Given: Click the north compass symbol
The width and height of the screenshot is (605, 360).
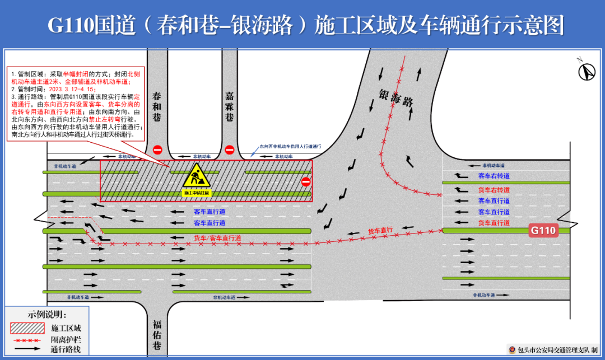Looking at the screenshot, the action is coord(587,71).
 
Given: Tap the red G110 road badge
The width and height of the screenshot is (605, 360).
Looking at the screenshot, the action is coord(543,230).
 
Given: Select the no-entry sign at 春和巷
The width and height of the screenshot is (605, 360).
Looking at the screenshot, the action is coord(157,150).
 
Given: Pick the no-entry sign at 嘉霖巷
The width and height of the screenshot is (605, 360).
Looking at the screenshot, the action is coord(229,150).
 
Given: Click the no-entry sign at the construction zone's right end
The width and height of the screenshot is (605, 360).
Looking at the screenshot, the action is coord(305,182).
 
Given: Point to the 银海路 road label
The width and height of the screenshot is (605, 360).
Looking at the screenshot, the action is coord(395,97).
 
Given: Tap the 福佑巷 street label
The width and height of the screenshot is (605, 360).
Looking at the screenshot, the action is coord(157,334).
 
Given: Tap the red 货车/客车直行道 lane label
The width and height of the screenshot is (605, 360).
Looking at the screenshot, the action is coord(217,238).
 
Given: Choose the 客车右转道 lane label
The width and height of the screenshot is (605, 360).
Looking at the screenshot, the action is coord(494,176).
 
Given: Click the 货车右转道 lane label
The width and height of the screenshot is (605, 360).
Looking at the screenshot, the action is coord(494,190).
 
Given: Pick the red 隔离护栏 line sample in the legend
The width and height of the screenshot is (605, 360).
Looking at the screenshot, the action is coord(27,339).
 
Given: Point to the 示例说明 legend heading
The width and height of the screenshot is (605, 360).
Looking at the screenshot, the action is coord(47,315).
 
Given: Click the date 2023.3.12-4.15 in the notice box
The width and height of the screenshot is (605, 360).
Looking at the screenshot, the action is coord(72,88).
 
